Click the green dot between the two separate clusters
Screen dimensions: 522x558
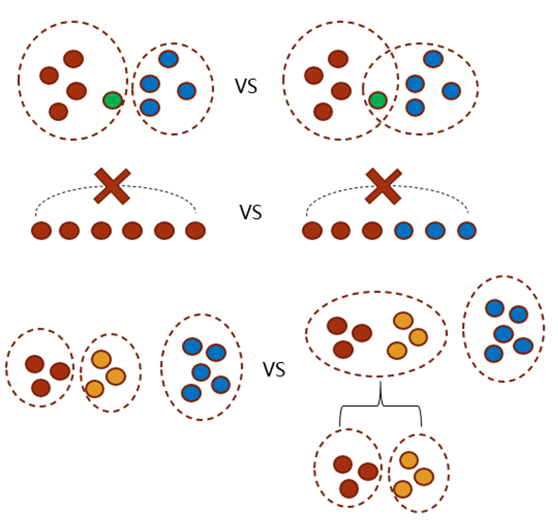point(113,101)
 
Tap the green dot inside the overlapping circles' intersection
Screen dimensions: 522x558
point(377,101)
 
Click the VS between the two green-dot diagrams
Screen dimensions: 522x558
point(248,87)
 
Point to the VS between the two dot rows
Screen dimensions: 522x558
point(250,212)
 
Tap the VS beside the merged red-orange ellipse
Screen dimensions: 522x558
point(274,369)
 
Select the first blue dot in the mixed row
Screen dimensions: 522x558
point(404,231)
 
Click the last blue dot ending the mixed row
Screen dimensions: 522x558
point(466,231)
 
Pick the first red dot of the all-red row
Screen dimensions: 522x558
point(42,231)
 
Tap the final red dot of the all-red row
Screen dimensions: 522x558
point(195,231)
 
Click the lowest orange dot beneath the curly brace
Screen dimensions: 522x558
point(401,490)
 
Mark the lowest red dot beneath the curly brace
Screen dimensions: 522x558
point(349,488)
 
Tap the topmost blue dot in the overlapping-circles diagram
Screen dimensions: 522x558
point(433,59)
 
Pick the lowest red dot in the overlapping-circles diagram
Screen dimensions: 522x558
point(323,111)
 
